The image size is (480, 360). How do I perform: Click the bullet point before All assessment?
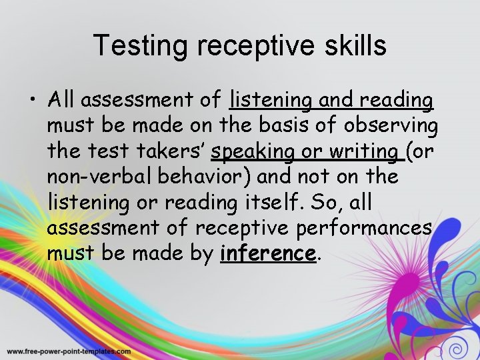[x=33, y=101]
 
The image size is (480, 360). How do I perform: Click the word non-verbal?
[x=91, y=177]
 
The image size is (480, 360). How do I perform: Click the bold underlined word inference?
[x=267, y=253]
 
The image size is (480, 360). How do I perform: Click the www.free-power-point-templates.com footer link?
[x=69, y=351]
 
